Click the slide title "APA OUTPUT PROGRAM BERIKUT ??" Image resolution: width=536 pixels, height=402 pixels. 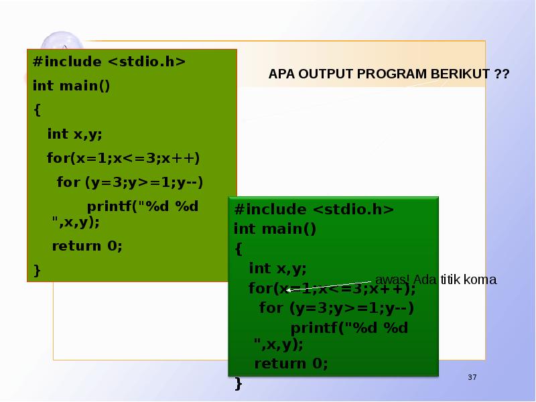(x=389, y=74)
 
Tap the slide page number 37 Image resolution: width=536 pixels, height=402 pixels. (x=472, y=379)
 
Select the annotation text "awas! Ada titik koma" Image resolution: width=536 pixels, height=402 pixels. (x=435, y=279)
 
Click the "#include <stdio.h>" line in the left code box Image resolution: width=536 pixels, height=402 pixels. (x=109, y=62)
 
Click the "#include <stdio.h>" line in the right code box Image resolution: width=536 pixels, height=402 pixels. (x=314, y=210)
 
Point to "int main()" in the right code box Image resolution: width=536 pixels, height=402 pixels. (x=275, y=229)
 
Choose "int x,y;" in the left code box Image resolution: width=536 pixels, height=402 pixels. (x=74, y=134)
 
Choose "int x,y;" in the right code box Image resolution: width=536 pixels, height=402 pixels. (x=277, y=269)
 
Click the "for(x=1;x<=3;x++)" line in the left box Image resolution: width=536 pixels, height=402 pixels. (x=123, y=159)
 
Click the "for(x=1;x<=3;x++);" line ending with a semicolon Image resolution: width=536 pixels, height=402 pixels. (x=332, y=289)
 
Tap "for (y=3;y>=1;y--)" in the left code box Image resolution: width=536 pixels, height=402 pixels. (x=130, y=182)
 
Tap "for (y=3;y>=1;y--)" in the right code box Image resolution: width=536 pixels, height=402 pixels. (x=336, y=308)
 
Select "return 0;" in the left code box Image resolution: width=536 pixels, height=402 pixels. (x=88, y=245)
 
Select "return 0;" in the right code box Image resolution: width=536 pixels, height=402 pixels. (x=291, y=364)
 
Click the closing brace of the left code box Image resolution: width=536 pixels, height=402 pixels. (x=37, y=270)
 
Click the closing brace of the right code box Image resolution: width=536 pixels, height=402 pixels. (x=239, y=383)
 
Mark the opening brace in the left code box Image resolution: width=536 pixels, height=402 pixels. (x=37, y=109)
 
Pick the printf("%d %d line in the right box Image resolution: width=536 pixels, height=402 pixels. (x=349, y=328)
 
